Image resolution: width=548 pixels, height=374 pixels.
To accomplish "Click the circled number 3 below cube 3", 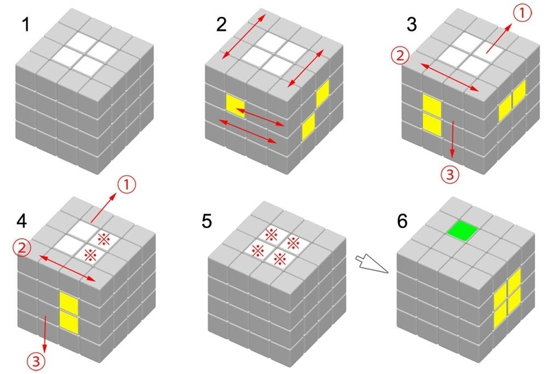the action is click(449, 175).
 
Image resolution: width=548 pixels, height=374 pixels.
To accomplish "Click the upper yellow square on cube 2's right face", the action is click(323, 92).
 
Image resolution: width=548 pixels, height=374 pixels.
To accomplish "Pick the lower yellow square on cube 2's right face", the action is click(308, 126).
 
